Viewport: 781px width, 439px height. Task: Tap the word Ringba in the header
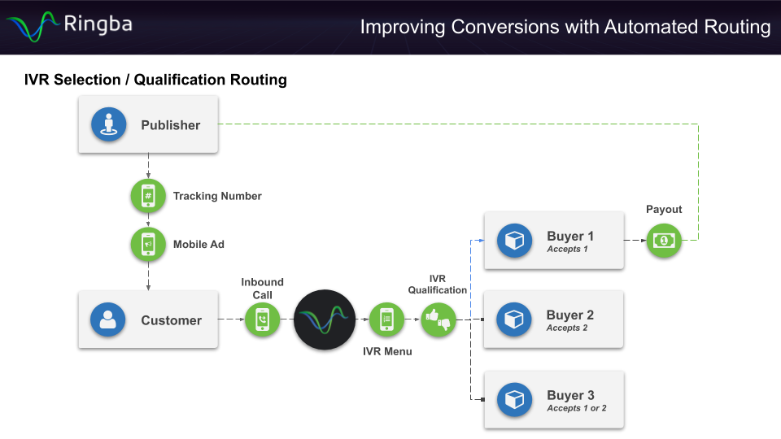(98, 24)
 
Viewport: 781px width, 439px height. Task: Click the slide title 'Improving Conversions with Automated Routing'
(565, 27)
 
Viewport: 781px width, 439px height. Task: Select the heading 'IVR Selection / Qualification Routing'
(155, 80)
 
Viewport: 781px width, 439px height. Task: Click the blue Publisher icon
(108, 125)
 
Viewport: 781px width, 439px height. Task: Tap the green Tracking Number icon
(148, 196)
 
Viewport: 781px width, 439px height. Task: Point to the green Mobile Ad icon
(148, 244)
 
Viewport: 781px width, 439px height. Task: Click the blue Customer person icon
(108, 320)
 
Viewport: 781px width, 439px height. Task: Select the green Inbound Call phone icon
(262, 319)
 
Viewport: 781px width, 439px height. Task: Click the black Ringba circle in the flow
(325, 319)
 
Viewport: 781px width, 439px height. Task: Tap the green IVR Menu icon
(386, 319)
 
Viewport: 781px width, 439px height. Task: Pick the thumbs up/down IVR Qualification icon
(438, 319)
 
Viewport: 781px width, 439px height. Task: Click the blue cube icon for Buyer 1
(514, 241)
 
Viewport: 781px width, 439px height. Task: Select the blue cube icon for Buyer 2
(514, 320)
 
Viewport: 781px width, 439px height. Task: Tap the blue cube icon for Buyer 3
(514, 400)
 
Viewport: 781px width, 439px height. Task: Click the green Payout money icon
(664, 241)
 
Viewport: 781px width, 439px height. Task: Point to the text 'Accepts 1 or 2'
(577, 409)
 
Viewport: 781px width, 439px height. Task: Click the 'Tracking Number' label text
(217, 196)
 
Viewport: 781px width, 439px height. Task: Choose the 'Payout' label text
(664, 210)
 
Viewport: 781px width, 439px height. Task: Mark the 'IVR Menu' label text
(387, 351)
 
